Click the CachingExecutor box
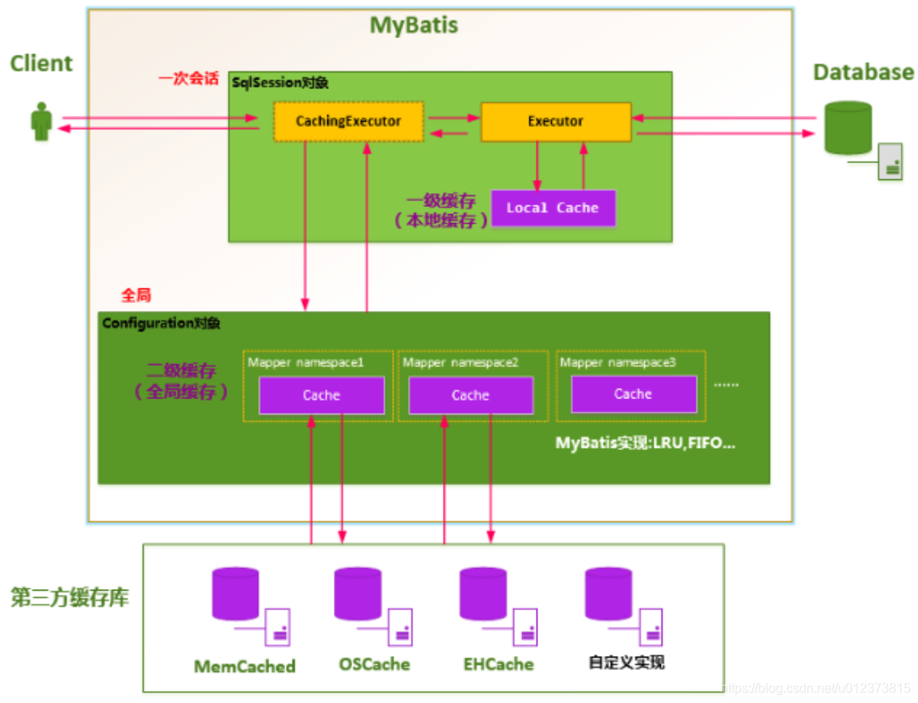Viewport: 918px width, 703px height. tap(347, 121)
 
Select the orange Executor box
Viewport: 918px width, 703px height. tap(555, 121)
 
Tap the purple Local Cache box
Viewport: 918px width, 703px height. tap(553, 208)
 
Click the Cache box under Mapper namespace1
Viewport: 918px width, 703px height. tap(321, 395)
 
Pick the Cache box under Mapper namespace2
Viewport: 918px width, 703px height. tap(470, 395)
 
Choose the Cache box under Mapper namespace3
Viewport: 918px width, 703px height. tap(633, 394)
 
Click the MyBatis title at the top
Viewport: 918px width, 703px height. tap(414, 25)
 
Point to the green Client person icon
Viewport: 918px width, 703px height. tap(41, 122)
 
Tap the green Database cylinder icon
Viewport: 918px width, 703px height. tap(848, 128)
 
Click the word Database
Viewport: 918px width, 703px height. tap(863, 73)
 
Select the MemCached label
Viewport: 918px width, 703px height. tap(245, 667)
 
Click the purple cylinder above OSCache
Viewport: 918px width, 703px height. tap(358, 594)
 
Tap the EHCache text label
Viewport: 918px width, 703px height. tap(499, 664)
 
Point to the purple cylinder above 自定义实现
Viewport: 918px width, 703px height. tap(608, 594)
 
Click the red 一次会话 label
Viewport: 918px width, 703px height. tap(188, 79)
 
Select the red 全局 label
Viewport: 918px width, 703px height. tap(136, 295)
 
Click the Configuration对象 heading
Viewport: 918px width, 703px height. tap(161, 323)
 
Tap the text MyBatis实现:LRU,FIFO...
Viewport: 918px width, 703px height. tap(645, 444)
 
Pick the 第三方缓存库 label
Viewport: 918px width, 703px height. tap(69, 598)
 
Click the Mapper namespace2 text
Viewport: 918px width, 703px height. tap(461, 363)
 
